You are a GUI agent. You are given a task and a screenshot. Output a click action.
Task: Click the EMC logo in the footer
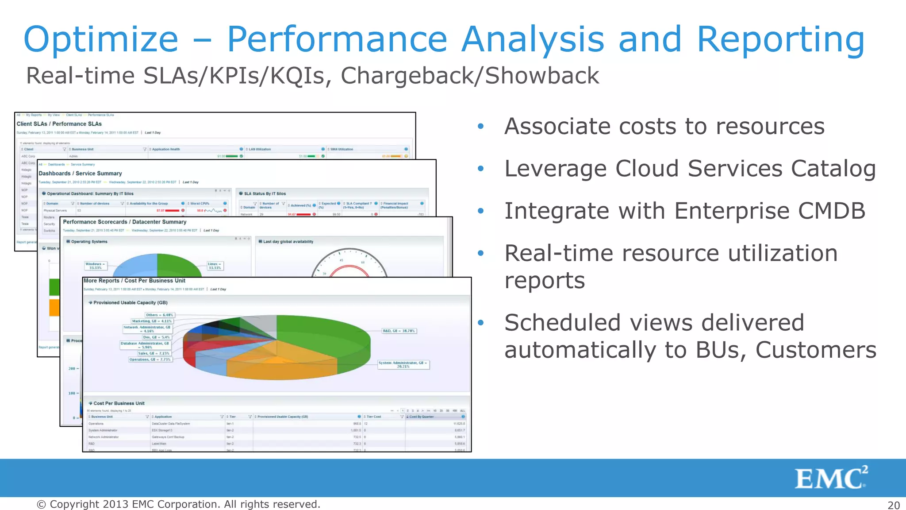tap(831, 478)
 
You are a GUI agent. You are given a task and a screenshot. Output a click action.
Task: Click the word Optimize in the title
tap(101, 40)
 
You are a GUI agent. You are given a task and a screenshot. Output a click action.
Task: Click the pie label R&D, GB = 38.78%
tap(399, 331)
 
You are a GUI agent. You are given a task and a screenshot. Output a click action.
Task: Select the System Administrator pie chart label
tap(403, 364)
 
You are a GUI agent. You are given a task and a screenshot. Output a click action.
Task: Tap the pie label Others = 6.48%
tap(159, 315)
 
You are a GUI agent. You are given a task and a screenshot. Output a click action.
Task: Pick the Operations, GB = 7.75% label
tap(150, 359)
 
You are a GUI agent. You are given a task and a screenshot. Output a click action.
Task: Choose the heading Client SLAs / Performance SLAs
tap(59, 124)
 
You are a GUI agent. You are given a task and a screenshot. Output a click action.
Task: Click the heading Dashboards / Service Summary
tap(80, 174)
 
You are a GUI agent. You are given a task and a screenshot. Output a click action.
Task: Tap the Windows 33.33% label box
tap(95, 266)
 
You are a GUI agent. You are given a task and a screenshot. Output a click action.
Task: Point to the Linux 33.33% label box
tap(215, 266)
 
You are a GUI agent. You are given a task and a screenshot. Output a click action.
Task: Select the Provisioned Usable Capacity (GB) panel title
tap(130, 303)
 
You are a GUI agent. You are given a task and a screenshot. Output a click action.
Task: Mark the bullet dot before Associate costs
tap(481, 127)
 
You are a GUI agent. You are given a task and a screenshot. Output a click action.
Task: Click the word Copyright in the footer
tap(74, 505)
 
